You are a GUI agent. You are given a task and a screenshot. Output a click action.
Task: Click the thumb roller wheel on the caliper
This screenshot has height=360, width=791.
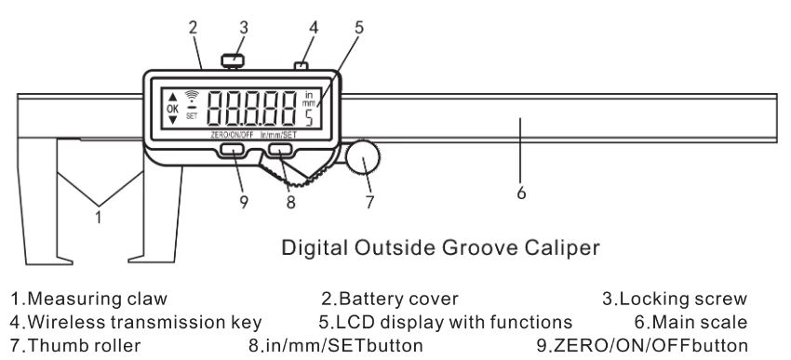coord(363,158)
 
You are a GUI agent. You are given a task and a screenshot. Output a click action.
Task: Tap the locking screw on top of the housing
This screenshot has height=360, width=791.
coord(233,60)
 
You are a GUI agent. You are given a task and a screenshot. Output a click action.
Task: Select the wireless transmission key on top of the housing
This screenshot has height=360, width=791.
coord(301,65)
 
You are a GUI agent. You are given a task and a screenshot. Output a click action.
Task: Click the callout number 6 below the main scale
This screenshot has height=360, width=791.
coord(521,193)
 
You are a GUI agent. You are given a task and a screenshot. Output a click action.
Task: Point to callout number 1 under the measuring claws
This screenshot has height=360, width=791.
coord(99,218)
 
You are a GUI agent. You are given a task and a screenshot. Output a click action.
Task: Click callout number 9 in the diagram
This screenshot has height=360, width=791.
coord(244,203)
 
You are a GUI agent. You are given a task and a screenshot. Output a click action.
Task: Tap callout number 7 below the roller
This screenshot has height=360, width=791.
coord(369,202)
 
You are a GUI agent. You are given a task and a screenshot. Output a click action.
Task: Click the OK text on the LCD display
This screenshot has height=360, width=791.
coord(172,109)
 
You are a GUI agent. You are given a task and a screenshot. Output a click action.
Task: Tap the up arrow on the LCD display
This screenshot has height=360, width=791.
coord(172,97)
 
